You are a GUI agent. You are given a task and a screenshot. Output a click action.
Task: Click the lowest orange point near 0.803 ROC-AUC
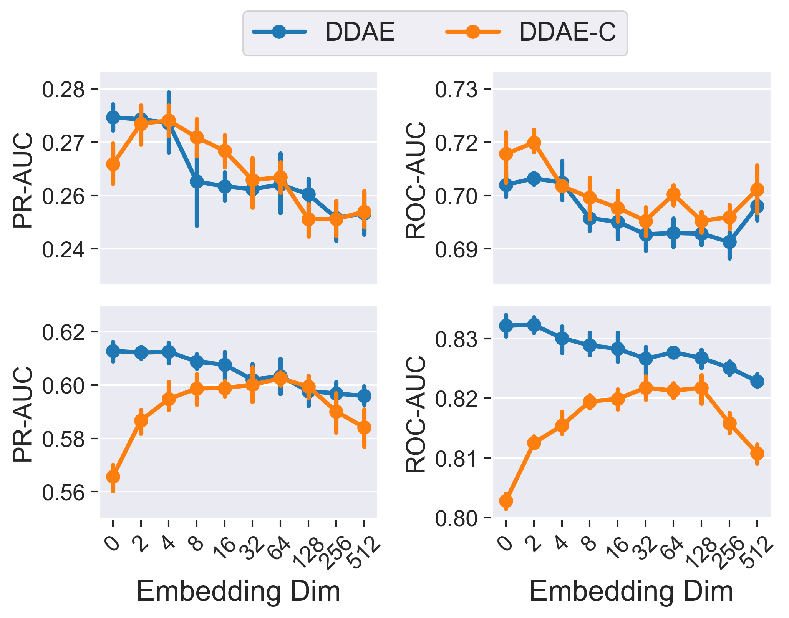(506, 501)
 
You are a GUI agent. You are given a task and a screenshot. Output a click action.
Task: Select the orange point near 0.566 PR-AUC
(113, 477)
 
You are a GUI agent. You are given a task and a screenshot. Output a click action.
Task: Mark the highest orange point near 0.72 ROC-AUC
(534, 143)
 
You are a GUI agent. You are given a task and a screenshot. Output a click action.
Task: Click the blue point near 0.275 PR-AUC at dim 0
(113, 117)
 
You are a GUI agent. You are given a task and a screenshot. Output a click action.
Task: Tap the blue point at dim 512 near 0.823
(757, 381)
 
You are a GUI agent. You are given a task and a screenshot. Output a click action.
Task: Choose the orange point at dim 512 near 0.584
(364, 427)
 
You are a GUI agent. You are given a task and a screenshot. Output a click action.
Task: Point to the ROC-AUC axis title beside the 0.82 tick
(416, 414)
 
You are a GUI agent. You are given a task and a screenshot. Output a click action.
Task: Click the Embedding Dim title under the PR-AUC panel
(238, 591)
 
